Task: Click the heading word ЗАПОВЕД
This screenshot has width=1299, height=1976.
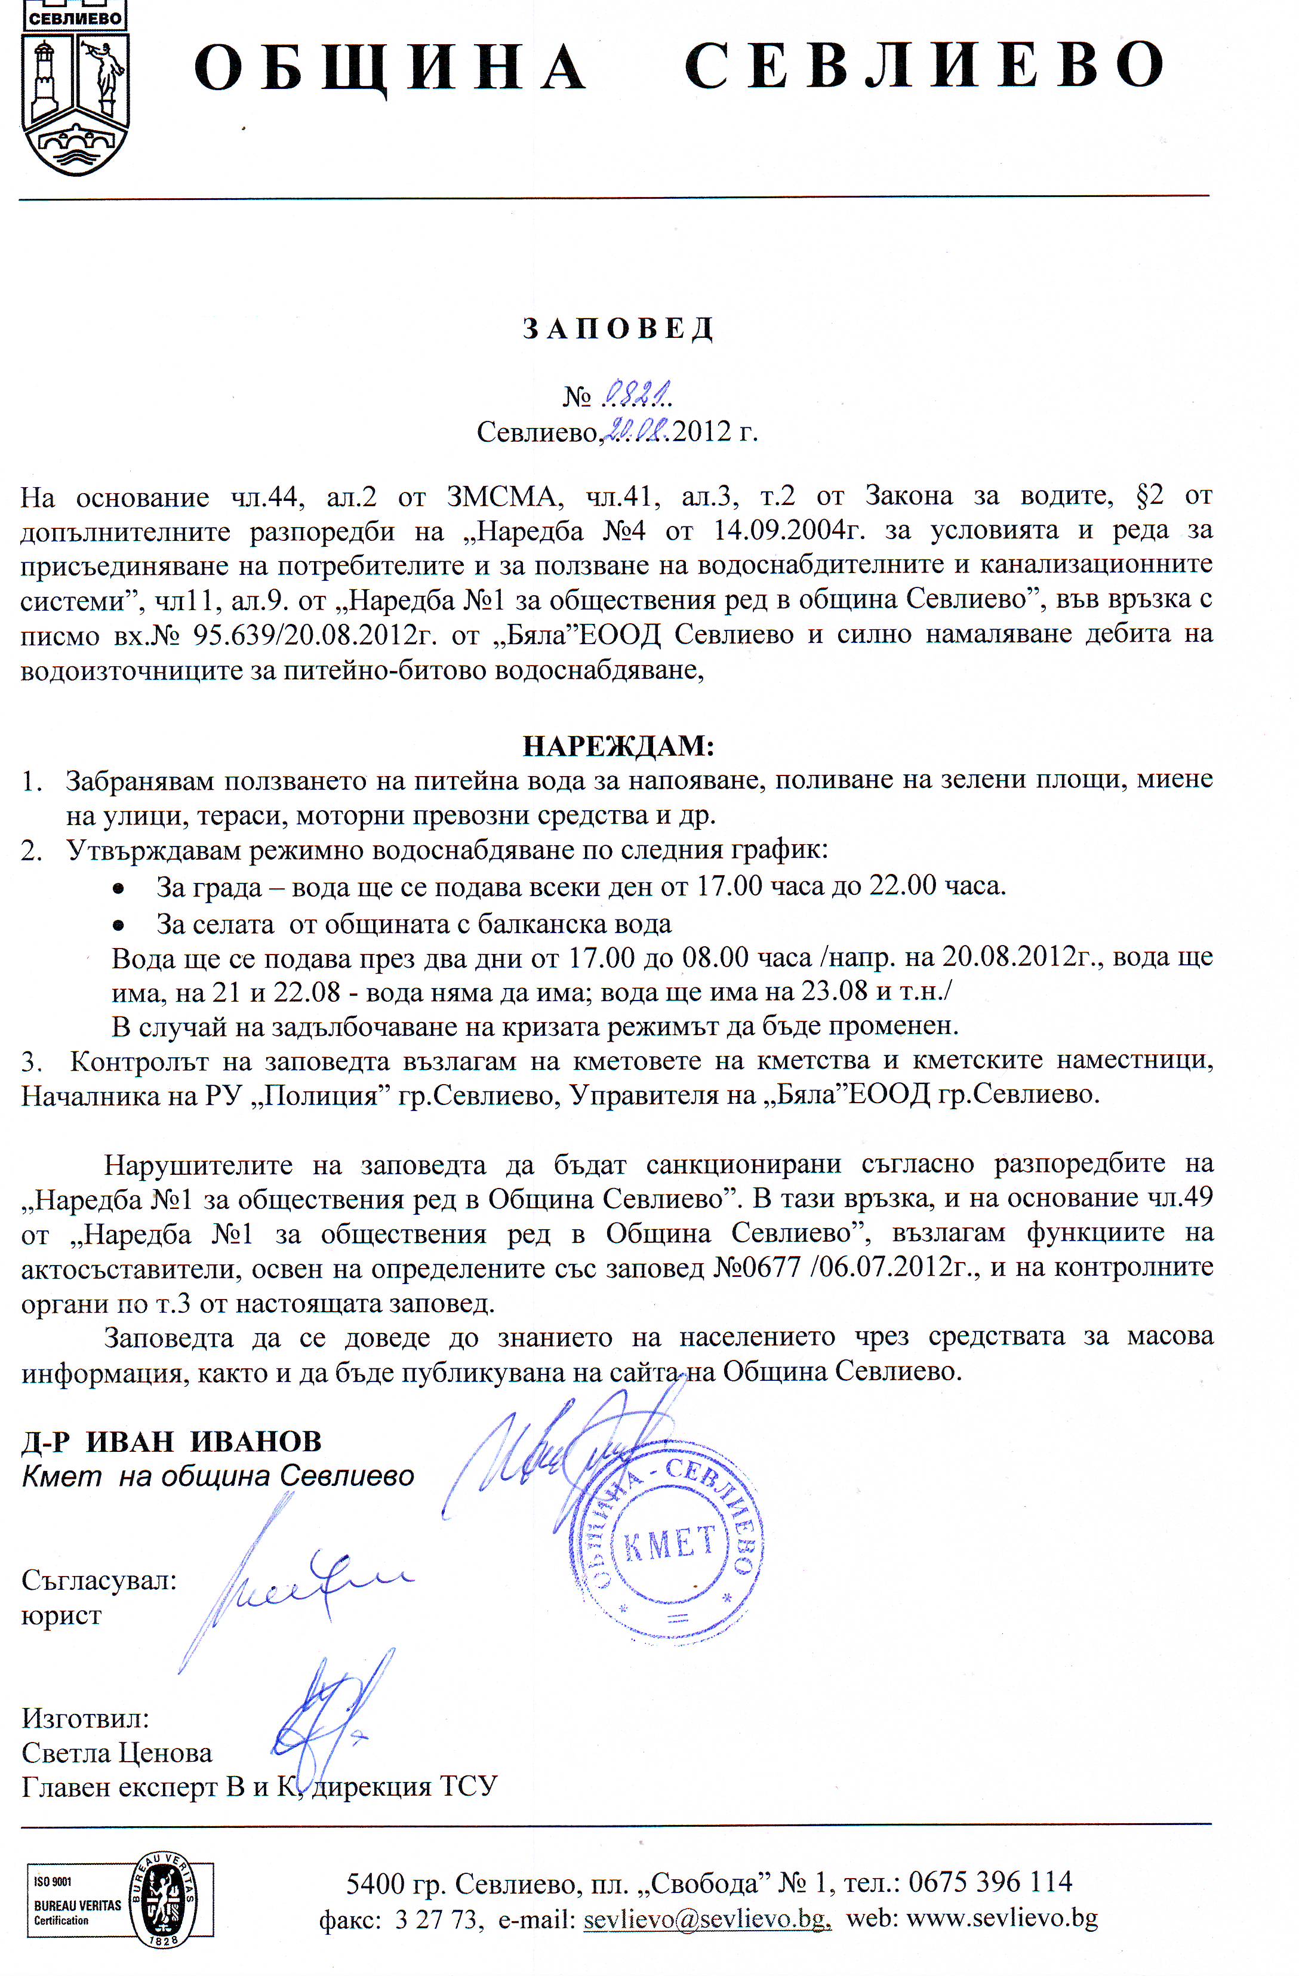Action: tap(618, 329)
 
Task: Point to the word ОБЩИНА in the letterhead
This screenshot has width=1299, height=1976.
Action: tap(390, 68)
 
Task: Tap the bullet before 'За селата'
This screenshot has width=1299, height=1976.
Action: tap(119, 924)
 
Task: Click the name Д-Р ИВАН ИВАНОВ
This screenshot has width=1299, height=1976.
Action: tap(171, 1441)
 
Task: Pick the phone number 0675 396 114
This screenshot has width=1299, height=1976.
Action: tap(990, 1880)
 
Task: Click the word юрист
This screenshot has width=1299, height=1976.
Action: tap(61, 1615)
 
